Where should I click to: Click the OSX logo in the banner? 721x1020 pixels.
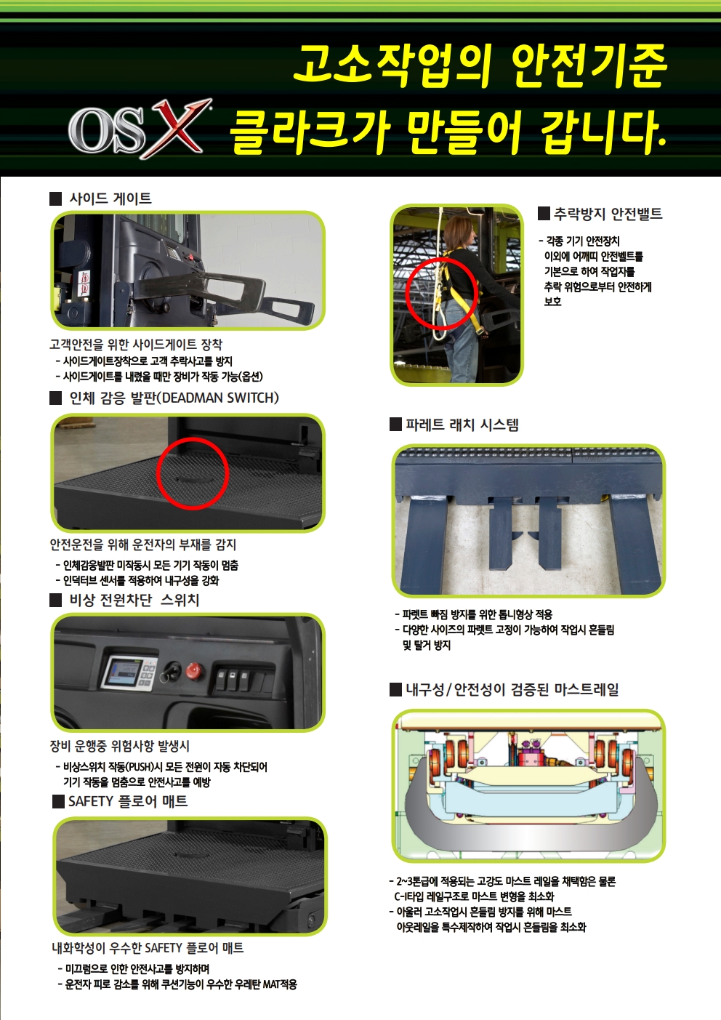point(140,129)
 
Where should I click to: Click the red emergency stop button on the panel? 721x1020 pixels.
point(195,670)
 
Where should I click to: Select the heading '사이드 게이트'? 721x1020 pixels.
point(110,198)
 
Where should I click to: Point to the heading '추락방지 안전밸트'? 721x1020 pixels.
point(608,214)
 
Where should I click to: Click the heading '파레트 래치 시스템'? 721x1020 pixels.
point(462,425)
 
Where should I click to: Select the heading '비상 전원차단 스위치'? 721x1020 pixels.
point(134,600)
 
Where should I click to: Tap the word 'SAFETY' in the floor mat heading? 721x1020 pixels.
point(91,801)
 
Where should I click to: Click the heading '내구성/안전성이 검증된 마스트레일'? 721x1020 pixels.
point(512,689)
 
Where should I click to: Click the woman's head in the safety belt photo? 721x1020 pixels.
point(459,231)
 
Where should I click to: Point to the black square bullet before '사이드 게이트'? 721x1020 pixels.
point(55,199)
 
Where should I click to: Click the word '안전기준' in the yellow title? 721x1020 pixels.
point(589,66)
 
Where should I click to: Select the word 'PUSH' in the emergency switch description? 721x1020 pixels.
point(141,767)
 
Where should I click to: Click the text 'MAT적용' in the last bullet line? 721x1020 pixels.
point(280,984)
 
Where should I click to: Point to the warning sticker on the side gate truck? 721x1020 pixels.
point(84,283)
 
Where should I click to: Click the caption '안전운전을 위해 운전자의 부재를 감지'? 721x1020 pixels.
point(143,545)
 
